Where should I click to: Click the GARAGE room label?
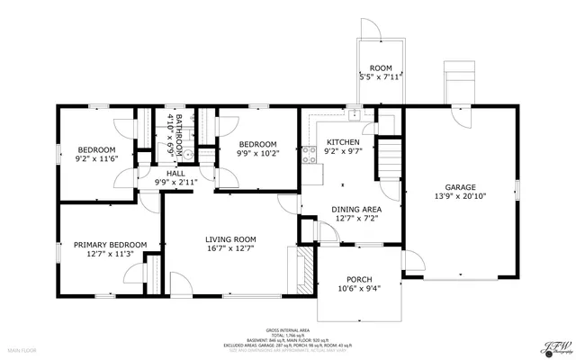tap(459, 187)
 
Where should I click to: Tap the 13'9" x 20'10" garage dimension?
tap(459, 197)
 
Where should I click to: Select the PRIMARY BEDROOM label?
tap(110, 244)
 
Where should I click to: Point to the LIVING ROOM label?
tap(230, 238)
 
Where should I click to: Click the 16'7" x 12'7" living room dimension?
tap(230, 248)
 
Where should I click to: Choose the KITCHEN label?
tap(343, 142)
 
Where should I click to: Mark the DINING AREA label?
tap(343, 208)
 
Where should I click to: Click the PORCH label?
tap(359, 279)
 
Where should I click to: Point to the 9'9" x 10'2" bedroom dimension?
tap(257, 153)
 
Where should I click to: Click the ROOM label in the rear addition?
tap(381, 67)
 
